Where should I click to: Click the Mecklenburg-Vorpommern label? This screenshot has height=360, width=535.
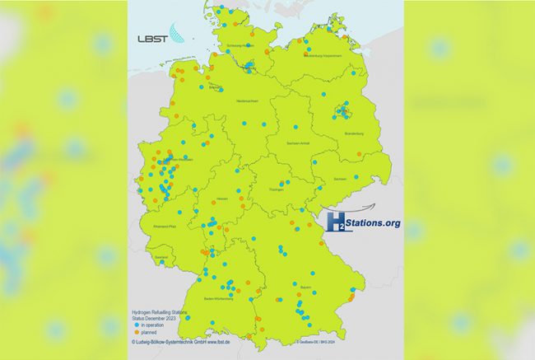(323, 56)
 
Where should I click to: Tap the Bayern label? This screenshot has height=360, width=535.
(305, 287)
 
